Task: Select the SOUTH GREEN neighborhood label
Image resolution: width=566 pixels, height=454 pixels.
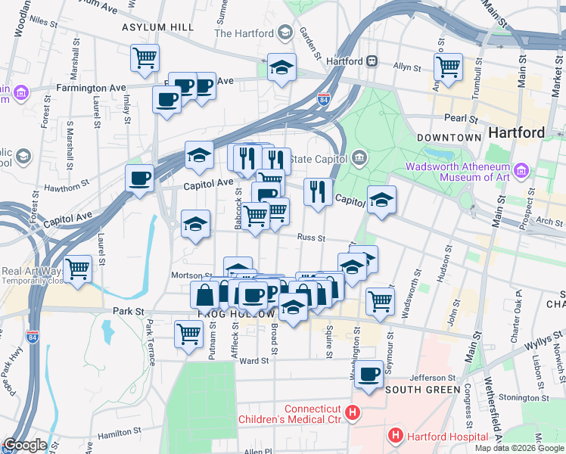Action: point(422,390)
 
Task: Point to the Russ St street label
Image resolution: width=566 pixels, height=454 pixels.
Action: point(310,238)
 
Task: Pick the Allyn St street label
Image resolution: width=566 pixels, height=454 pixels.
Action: point(406,67)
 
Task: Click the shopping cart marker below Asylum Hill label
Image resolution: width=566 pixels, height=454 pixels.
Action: point(145,57)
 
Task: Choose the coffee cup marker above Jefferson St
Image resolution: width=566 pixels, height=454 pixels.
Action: point(369,374)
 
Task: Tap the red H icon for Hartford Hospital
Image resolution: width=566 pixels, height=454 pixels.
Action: point(394,436)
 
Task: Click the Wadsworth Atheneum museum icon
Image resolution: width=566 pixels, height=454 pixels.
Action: point(521,171)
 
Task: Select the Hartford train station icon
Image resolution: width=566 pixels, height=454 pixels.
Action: point(372,61)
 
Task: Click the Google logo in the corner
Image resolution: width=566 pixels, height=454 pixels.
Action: point(24,445)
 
